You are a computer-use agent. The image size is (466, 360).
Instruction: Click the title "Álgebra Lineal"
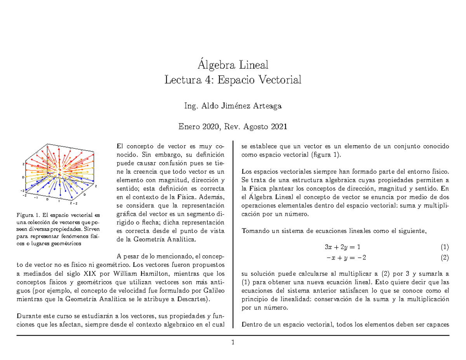[x=233, y=64]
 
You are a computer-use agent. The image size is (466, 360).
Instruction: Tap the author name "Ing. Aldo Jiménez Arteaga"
[x=233, y=106]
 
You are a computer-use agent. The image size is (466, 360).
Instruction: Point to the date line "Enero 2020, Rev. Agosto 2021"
[x=233, y=126]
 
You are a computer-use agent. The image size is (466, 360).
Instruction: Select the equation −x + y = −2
[x=346, y=257]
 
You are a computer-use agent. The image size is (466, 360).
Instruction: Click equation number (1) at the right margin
[x=445, y=247]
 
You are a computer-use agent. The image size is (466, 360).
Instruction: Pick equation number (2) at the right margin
[x=445, y=257]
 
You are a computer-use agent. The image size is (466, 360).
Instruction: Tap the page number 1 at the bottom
[x=233, y=343]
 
